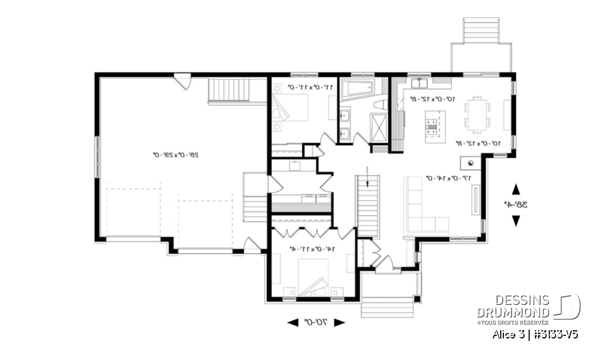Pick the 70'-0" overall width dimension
pyautogui.click(x=317, y=322)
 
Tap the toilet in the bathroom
pyautogui.click(x=380, y=105)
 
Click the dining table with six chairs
pyautogui.click(x=477, y=113)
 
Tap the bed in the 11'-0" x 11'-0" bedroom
pyautogui.click(x=286, y=111)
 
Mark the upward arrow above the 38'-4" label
pyautogui.click(x=515, y=189)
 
